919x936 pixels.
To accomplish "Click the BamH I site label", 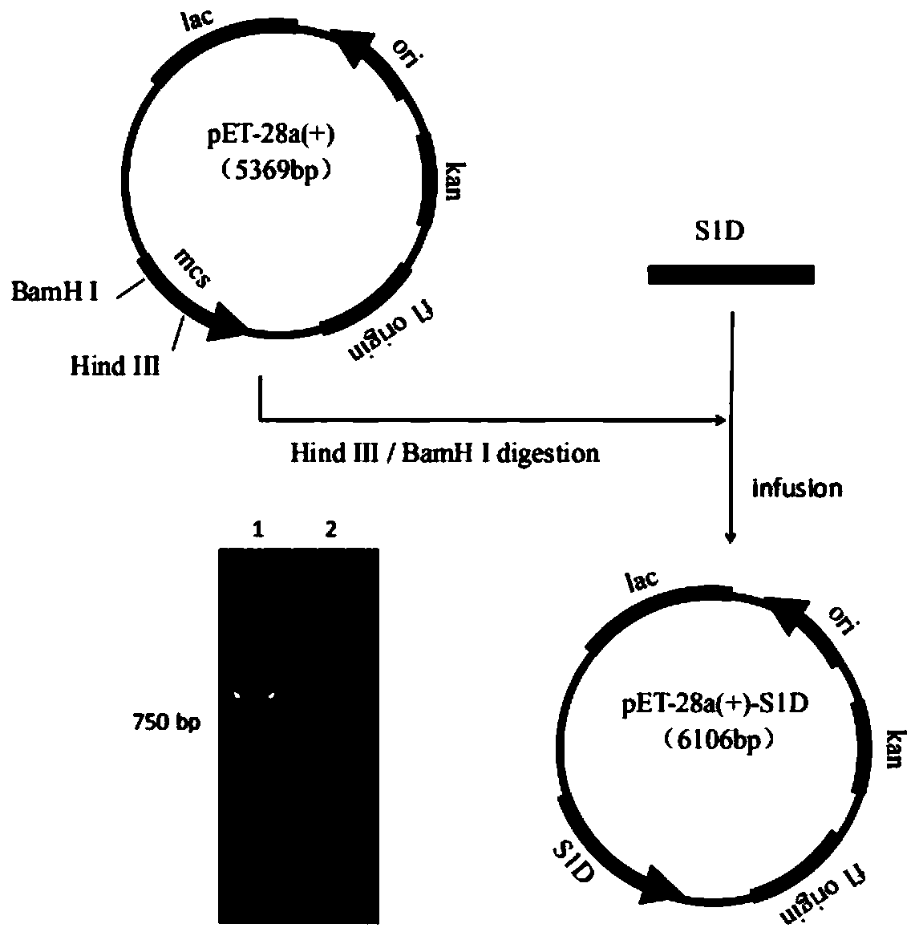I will point(55,292).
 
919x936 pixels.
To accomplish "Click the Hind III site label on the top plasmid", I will point(115,366).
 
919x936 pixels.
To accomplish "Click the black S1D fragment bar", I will point(731,275).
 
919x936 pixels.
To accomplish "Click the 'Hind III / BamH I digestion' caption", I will point(444,453).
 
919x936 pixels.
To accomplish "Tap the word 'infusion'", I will point(796,488).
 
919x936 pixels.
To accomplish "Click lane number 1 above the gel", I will point(258,529).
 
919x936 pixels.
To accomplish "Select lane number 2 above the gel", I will point(331,529).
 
